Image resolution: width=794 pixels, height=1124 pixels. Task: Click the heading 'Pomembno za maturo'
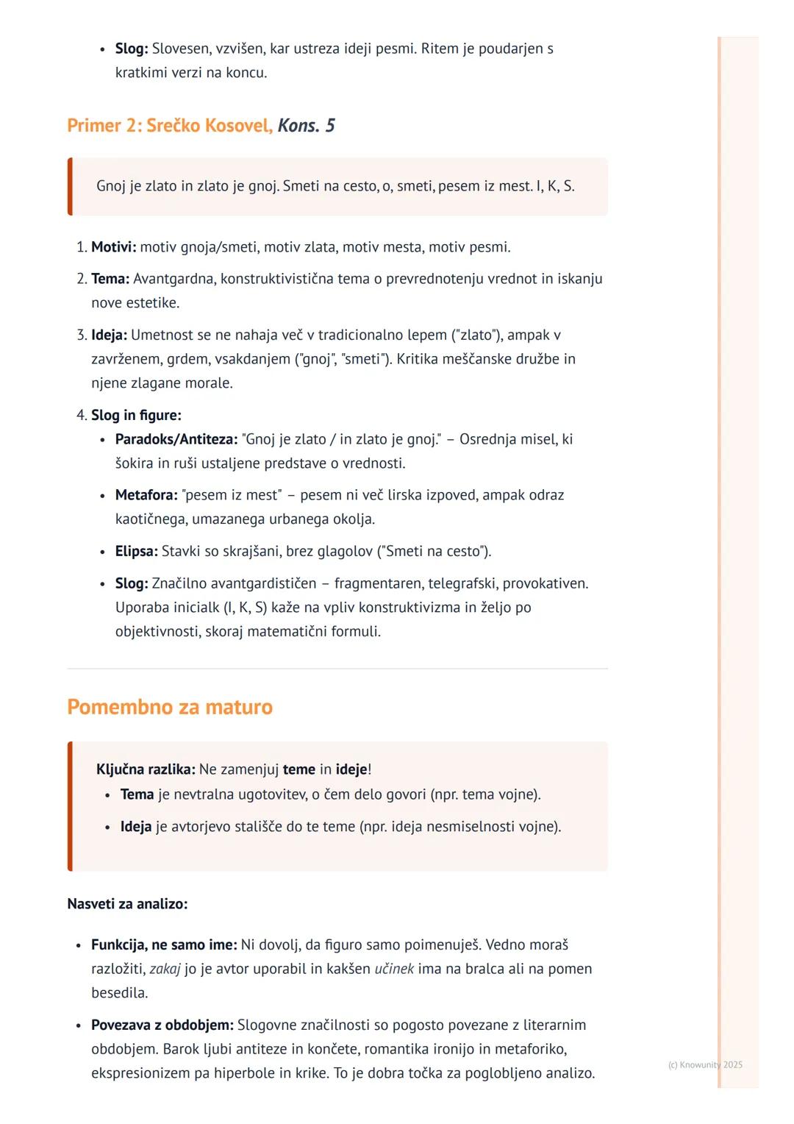point(170,707)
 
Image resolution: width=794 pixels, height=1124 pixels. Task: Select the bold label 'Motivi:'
point(113,247)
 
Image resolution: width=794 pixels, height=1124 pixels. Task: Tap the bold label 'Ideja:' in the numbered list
point(109,335)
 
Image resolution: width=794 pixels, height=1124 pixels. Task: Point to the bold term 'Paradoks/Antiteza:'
point(176,439)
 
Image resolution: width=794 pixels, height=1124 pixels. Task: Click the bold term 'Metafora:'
point(146,495)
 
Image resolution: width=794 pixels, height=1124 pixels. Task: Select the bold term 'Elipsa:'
point(136,551)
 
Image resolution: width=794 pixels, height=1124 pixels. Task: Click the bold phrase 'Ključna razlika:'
point(146,769)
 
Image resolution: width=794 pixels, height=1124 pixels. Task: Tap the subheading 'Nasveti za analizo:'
point(127,903)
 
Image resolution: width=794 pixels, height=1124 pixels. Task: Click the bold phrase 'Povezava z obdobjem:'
point(162,1025)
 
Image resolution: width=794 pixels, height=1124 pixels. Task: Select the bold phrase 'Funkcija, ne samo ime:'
point(164,945)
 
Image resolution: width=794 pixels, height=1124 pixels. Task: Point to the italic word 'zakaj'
point(165,969)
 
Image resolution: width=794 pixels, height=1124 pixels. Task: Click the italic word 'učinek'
point(394,969)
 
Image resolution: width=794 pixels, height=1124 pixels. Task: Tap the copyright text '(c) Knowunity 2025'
point(705,1064)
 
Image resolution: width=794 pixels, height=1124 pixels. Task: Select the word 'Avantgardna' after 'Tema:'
point(174,279)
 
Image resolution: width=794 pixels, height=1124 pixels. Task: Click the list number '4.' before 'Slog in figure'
point(82,416)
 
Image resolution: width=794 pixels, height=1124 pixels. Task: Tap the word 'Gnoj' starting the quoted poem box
point(111,186)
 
